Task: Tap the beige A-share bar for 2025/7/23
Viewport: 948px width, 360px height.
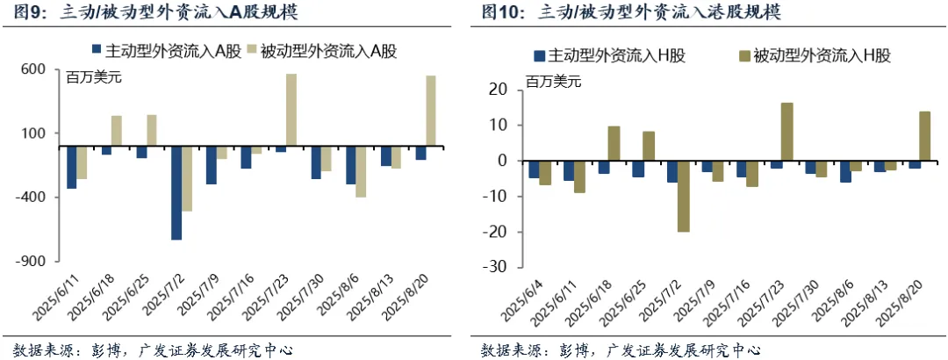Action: (x=291, y=110)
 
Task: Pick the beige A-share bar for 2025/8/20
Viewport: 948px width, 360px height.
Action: (x=430, y=111)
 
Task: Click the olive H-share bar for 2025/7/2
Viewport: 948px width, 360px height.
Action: (x=683, y=197)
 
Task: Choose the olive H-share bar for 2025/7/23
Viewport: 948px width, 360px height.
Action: (x=786, y=132)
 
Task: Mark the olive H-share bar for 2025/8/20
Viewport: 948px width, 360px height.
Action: (x=924, y=136)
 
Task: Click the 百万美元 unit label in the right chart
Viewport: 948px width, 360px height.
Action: (x=554, y=82)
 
